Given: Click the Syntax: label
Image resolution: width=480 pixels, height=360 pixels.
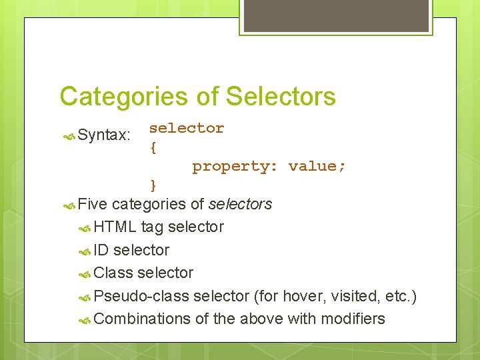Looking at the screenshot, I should click(104, 135).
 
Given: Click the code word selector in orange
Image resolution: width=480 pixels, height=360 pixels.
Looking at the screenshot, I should click(187, 128).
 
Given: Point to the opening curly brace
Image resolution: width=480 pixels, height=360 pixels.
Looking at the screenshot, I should click(153, 147).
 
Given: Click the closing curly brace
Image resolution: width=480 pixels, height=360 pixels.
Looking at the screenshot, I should click(153, 185).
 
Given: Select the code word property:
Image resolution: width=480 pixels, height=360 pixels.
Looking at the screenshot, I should click(235, 166).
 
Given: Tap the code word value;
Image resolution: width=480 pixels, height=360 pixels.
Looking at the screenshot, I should click(317, 166).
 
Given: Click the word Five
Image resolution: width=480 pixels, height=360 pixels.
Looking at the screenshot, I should click(93, 204).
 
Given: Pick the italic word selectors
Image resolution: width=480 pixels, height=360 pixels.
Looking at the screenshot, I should click(240, 204).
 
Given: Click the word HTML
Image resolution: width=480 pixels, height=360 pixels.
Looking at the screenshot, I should click(115, 227).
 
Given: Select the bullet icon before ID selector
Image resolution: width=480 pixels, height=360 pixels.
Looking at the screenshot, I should click(84, 251).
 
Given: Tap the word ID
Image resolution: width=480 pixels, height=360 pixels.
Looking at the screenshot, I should click(101, 250).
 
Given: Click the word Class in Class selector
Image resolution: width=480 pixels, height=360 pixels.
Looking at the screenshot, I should click(113, 273).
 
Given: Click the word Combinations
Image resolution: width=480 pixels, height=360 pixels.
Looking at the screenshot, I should click(142, 319).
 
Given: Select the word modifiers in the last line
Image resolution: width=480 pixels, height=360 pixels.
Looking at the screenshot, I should click(353, 319).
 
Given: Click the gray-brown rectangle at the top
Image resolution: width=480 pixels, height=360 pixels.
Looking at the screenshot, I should click(335, 16).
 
